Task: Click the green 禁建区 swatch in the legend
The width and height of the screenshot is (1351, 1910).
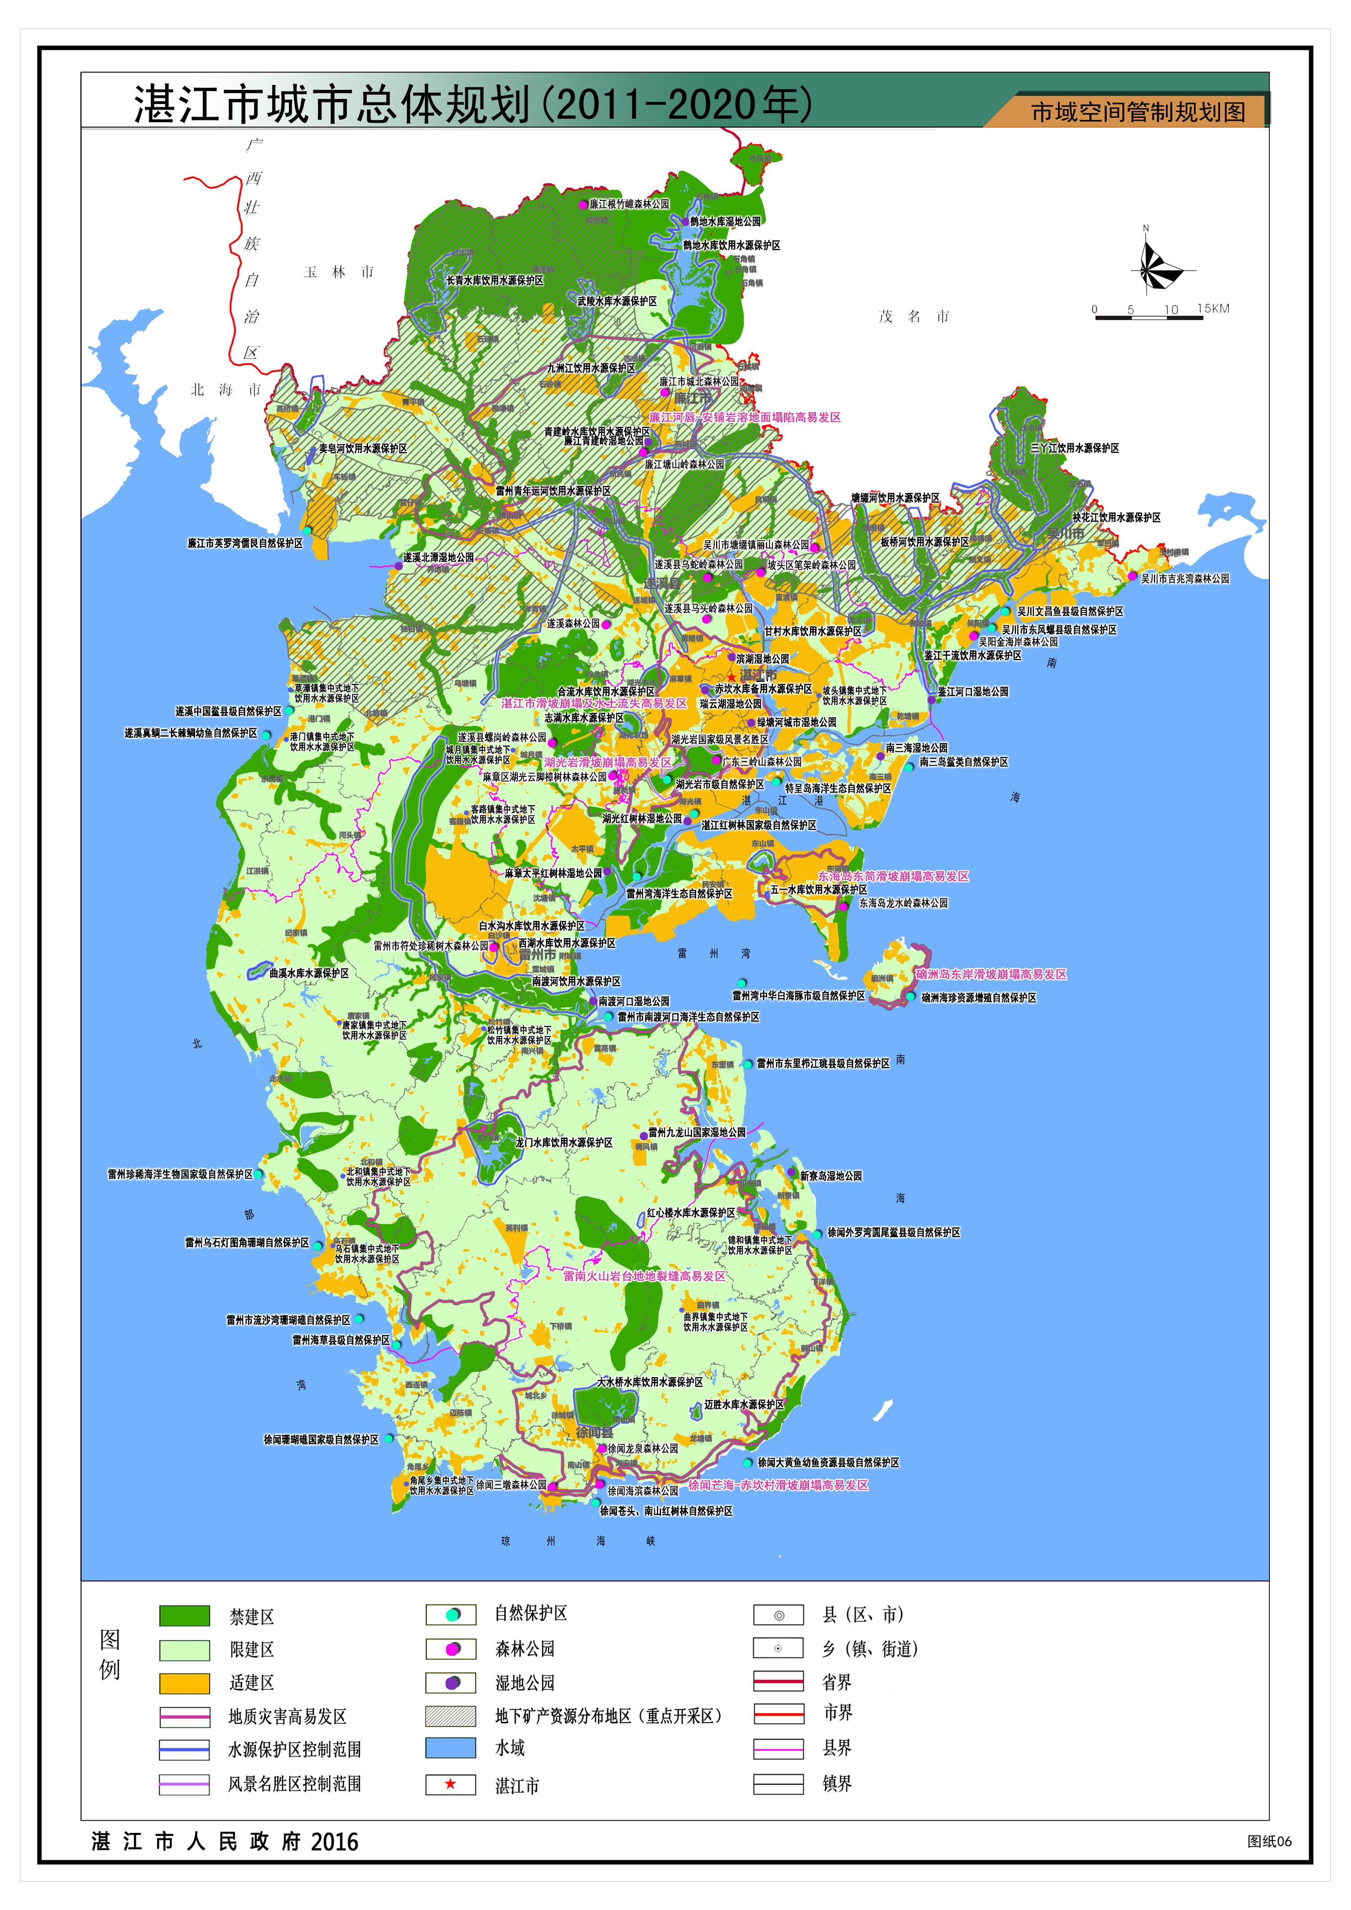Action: [x=184, y=1616]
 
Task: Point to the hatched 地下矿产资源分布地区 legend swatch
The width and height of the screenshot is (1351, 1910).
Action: [x=450, y=1715]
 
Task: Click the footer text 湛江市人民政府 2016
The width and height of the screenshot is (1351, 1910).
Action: [x=225, y=1842]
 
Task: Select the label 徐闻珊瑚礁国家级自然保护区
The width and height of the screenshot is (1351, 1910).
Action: [x=321, y=1439]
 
